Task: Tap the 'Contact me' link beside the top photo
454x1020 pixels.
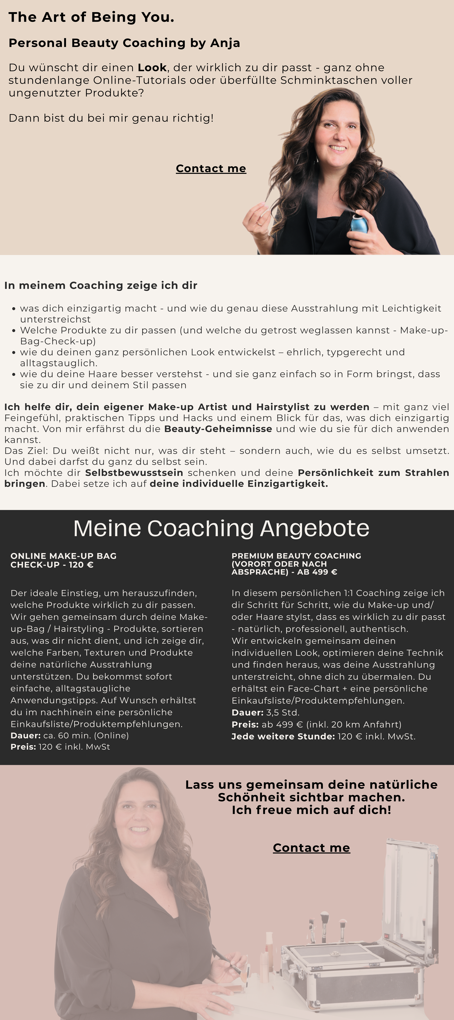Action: point(211,169)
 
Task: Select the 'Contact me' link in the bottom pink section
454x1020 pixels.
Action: point(311,848)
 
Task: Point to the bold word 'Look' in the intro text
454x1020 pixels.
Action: point(152,68)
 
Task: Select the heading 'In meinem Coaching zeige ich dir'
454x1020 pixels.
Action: point(101,285)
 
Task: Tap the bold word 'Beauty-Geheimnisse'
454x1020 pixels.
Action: point(218,429)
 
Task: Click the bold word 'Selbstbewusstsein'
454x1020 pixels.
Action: point(134,473)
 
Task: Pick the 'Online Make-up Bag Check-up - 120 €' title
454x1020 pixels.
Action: point(63,560)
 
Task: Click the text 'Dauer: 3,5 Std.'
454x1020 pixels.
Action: point(265,712)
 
